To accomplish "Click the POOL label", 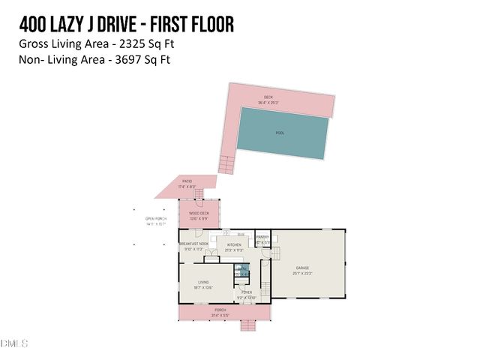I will point(280,133).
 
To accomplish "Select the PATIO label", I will point(187,181).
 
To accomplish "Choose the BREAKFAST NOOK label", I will point(193,244).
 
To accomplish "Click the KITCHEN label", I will point(235,245).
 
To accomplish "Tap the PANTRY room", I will point(262,240).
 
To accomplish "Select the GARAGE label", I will point(302,268).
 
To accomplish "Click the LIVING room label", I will point(202,282).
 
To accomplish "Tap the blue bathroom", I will point(241,271).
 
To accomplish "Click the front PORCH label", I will point(220,310).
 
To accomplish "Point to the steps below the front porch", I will point(247,325).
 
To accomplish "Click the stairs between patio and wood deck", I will point(198,196).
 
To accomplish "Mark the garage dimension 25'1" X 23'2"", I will point(302,274).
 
